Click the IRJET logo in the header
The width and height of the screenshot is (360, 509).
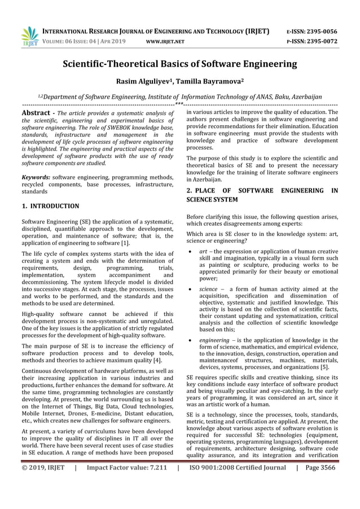click(x=29, y=36)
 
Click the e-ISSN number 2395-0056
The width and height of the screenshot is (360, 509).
click(x=319, y=32)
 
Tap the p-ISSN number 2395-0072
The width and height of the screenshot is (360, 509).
click(x=319, y=42)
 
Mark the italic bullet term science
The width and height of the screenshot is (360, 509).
click(x=208, y=289)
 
